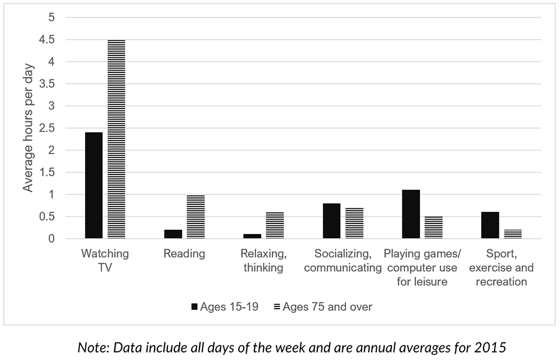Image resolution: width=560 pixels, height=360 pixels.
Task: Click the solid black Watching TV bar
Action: click(x=93, y=186)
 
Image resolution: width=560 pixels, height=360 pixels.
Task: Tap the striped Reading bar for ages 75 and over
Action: click(x=195, y=216)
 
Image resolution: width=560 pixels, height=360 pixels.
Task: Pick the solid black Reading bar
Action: click(x=173, y=234)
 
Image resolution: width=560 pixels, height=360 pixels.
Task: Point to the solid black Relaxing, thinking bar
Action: click(x=252, y=236)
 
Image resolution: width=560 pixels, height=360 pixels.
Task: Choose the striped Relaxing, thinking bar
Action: click(x=275, y=225)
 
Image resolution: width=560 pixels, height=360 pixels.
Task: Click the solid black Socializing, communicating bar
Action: click(x=331, y=221)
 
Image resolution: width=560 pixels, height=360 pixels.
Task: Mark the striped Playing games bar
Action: click(x=433, y=228)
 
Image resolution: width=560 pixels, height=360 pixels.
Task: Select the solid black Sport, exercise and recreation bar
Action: click(x=490, y=225)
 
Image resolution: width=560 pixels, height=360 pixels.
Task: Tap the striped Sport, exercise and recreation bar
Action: click(x=513, y=234)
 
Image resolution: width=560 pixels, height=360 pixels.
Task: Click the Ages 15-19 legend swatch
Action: click(x=194, y=306)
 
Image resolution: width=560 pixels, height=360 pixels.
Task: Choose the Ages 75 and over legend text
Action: click(x=327, y=306)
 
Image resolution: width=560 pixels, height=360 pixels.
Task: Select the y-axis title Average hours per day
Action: click(x=29, y=128)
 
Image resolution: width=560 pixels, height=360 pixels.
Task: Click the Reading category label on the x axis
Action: click(x=184, y=254)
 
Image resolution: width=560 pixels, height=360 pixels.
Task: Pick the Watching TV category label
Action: click(x=105, y=261)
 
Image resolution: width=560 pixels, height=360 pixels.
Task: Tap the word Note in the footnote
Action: click(x=90, y=347)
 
